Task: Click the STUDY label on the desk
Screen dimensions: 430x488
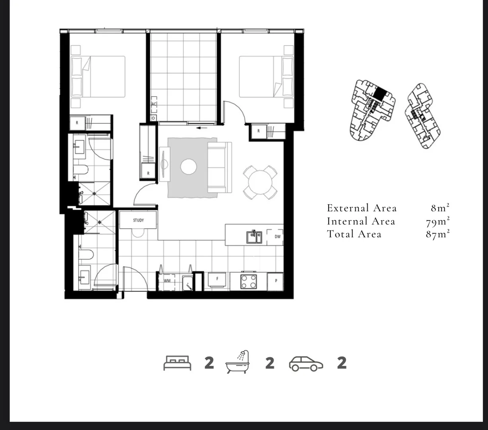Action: [x=138, y=220]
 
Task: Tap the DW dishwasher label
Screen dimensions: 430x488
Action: [x=278, y=236]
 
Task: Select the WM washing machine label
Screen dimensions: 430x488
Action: [x=167, y=281]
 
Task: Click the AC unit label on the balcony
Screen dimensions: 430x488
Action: [x=154, y=104]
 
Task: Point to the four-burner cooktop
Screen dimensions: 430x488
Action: [x=249, y=281]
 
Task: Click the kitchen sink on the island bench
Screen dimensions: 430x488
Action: [x=254, y=237]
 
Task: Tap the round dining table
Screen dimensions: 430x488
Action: [x=260, y=182]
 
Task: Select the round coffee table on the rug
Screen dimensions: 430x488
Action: [x=189, y=166]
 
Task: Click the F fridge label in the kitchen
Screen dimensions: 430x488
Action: [x=217, y=279]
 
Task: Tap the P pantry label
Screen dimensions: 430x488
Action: [x=276, y=281]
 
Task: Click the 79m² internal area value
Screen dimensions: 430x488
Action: [x=437, y=221]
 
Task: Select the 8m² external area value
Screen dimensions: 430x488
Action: [x=440, y=208]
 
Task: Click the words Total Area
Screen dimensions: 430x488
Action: [x=354, y=234]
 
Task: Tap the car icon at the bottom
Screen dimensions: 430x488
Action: [x=306, y=364]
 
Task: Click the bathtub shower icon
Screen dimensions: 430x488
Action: [x=237, y=362]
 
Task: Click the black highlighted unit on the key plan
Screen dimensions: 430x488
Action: [x=380, y=94]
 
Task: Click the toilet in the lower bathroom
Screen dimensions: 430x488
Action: [x=86, y=254]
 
